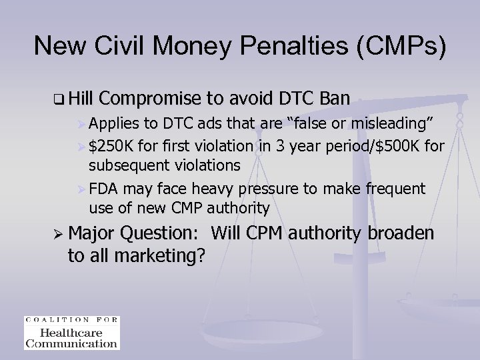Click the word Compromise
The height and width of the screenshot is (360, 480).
[x=154, y=99]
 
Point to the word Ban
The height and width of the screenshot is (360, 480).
[x=331, y=99]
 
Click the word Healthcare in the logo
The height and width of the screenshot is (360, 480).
[x=71, y=333]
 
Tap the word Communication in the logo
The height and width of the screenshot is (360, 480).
[x=71, y=343]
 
